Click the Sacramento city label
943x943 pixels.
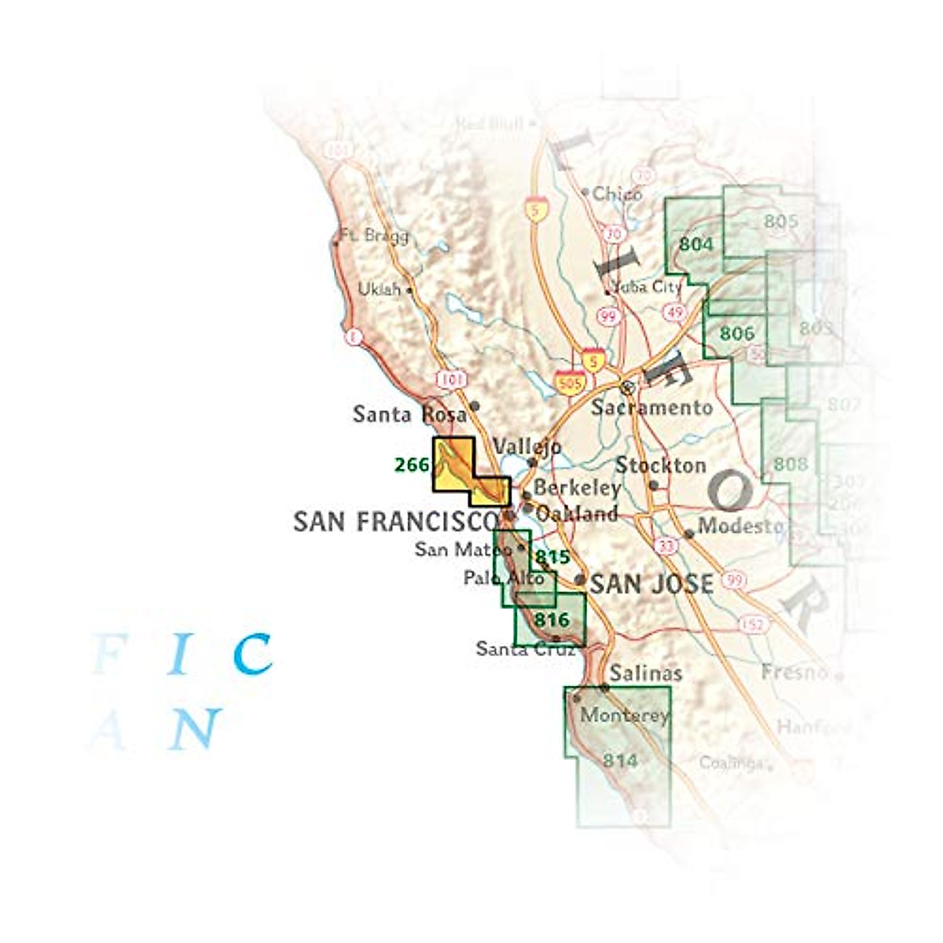(651, 407)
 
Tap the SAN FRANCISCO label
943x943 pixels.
(396, 521)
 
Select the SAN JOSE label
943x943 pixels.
(651, 584)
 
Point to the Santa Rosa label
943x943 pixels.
(409, 413)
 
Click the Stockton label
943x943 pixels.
(660, 465)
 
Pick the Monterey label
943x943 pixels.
(624, 715)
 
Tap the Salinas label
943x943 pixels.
(645, 673)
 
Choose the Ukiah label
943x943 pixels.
(379, 289)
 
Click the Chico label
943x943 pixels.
(617, 193)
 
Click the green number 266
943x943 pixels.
(412, 465)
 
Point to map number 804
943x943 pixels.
(696, 244)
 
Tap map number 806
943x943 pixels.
(737, 333)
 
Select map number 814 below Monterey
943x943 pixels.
(620, 760)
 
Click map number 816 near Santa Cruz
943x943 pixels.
(551, 619)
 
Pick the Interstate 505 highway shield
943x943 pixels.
(570, 383)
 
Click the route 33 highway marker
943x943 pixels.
(667, 545)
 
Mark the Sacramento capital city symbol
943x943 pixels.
(627, 387)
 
